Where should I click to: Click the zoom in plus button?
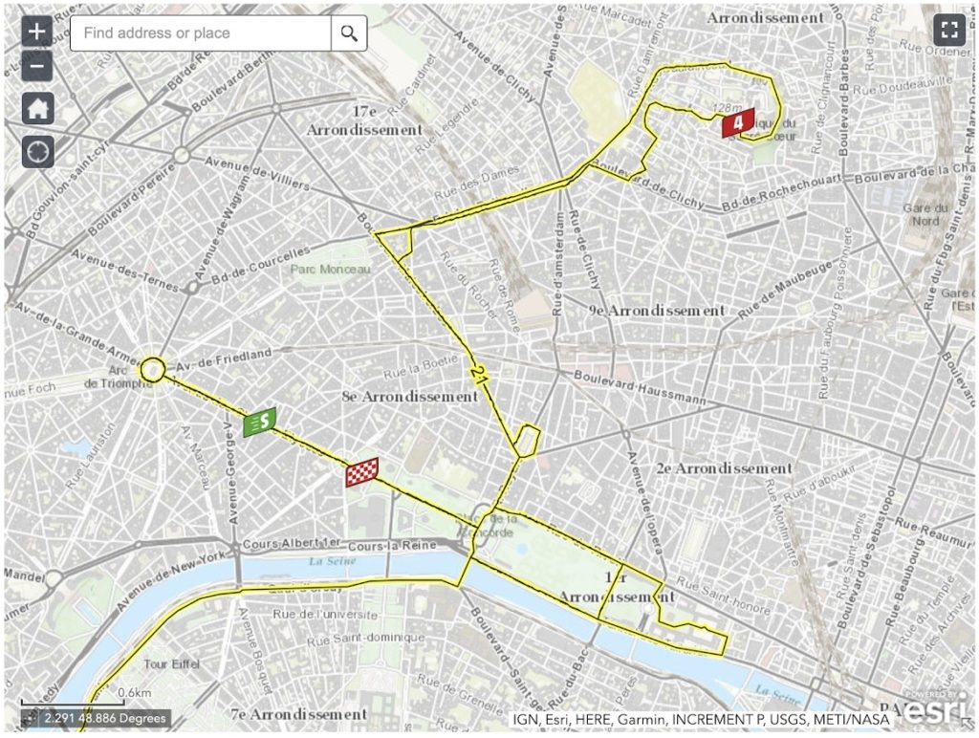(37, 31)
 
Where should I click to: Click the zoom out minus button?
(37, 66)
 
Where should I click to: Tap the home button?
(37, 108)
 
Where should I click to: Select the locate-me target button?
(37, 151)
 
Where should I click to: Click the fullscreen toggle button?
(949, 30)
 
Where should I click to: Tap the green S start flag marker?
(260, 422)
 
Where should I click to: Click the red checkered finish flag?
(361, 472)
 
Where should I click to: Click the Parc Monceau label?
(330, 271)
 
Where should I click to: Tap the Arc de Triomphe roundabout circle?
(153, 368)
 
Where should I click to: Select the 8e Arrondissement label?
(409, 396)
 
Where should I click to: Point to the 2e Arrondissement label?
(724, 468)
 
